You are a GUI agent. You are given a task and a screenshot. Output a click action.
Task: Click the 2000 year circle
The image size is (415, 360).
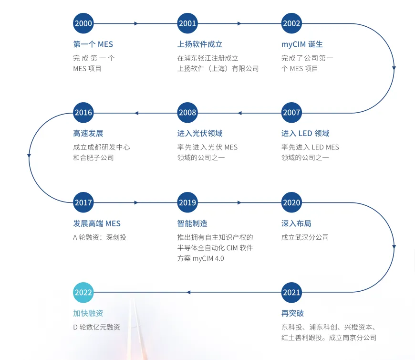[x=83, y=23]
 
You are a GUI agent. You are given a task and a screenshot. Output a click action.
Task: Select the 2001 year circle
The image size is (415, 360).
[x=187, y=23]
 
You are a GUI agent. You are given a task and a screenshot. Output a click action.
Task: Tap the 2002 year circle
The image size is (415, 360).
[x=291, y=23]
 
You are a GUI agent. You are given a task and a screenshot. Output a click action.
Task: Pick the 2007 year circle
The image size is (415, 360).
[x=291, y=113]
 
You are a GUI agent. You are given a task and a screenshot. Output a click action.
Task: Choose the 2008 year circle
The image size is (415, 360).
[x=187, y=113]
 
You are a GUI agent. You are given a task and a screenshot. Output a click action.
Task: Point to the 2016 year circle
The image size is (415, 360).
[x=83, y=113]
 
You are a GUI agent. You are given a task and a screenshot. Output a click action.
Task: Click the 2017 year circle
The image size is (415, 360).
[x=83, y=202]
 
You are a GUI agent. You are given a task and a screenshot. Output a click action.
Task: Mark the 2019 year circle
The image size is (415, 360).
[x=187, y=202]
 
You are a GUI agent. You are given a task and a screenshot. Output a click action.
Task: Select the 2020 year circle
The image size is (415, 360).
[x=291, y=202]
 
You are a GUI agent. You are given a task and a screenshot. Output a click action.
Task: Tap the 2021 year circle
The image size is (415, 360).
[x=291, y=292]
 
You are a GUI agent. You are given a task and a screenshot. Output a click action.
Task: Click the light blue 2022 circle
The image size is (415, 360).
[x=83, y=292]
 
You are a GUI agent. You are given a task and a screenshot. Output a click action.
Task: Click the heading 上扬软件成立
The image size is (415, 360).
[x=200, y=44]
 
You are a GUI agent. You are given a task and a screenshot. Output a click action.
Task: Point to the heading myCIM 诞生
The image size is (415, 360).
[x=302, y=44]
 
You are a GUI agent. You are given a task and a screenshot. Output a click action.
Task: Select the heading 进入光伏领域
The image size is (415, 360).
[x=200, y=134]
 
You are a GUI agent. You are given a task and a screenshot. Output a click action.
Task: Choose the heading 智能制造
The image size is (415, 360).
[x=192, y=223]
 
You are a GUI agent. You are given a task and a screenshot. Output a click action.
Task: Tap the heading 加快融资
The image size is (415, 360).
[x=88, y=313]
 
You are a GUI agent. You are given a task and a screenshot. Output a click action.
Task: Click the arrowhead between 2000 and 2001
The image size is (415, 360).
[x=136, y=23]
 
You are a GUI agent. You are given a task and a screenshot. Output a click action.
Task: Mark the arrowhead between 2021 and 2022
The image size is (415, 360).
[x=188, y=292]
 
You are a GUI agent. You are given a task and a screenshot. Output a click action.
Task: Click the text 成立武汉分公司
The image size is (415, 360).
[x=305, y=237]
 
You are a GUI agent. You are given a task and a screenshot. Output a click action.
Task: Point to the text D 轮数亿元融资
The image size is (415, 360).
[x=96, y=328]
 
